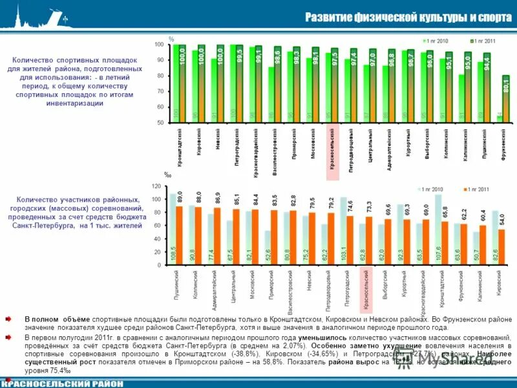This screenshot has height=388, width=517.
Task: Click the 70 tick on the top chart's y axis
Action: (159, 91)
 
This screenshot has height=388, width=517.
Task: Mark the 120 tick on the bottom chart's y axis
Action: (156, 186)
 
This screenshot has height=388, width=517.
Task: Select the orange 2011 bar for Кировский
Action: (502, 247)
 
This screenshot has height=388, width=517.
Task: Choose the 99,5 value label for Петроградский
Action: (239, 54)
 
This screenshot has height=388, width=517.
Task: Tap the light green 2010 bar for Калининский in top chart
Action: (461, 98)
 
